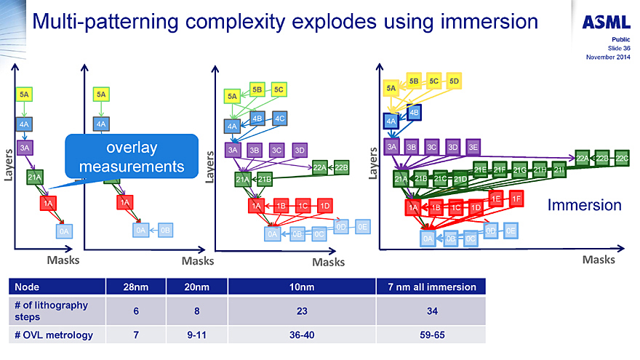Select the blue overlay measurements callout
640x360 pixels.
pos(132,157)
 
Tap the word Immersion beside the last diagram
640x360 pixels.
pos(584,205)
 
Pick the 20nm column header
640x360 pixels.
pos(196,287)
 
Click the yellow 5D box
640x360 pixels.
pos(455,81)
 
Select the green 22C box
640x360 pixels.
pos(622,158)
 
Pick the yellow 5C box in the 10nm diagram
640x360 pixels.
pos(279,89)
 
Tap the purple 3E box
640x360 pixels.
pos(473,147)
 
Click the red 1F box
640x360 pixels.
pos(516,198)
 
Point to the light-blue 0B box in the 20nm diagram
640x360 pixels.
pos(165,230)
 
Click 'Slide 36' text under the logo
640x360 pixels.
pos(619,48)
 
